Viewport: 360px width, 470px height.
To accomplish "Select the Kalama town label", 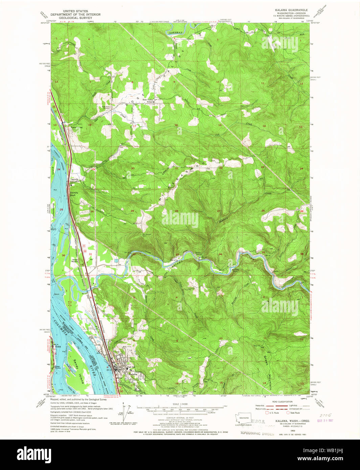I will coord(133,374).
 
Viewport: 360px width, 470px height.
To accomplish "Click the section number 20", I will coord(133,168).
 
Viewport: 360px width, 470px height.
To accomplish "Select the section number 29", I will coord(132,211).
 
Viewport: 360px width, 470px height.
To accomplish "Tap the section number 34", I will coord(220,254).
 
